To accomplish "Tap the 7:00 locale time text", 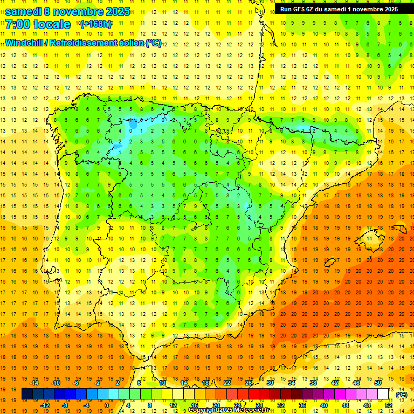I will click(x=38, y=25).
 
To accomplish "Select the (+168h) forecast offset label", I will click(x=96, y=24).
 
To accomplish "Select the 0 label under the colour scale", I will click(x=106, y=405).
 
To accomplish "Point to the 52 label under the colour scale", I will click(x=389, y=405).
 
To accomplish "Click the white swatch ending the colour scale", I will click(x=383, y=394).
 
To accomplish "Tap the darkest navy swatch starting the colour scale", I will click(x=27, y=394).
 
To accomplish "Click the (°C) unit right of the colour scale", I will click(x=402, y=395).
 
